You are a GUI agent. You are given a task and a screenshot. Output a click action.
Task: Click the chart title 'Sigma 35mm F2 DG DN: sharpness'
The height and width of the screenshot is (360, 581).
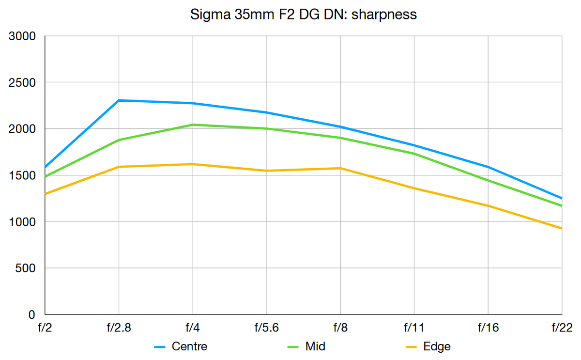tap(304, 14)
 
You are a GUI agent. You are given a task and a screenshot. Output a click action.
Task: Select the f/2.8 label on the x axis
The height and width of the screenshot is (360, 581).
tap(119, 329)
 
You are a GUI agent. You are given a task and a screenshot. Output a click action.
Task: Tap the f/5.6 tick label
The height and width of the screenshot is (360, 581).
tap(266, 329)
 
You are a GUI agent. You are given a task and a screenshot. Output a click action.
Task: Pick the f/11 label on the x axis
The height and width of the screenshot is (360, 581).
tap(414, 329)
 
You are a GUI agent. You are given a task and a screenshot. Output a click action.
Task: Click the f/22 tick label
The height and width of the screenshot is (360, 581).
tap(562, 329)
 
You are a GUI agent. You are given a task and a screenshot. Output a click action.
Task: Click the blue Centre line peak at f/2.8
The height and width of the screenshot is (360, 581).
tap(119, 100)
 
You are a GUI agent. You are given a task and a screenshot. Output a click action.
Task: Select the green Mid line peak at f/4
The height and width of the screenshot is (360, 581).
tap(193, 125)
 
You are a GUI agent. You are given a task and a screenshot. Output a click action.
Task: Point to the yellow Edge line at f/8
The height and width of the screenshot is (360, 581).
tap(340, 168)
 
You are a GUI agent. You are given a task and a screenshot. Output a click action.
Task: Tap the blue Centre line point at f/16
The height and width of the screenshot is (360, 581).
tap(488, 167)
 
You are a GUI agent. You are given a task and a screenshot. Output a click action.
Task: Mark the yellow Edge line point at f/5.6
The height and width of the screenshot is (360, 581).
tap(266, 171)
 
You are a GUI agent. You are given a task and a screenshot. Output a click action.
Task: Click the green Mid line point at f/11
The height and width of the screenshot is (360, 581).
tap(414, 154)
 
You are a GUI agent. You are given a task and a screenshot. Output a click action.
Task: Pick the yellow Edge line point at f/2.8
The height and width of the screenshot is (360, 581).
tap(119, 167)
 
